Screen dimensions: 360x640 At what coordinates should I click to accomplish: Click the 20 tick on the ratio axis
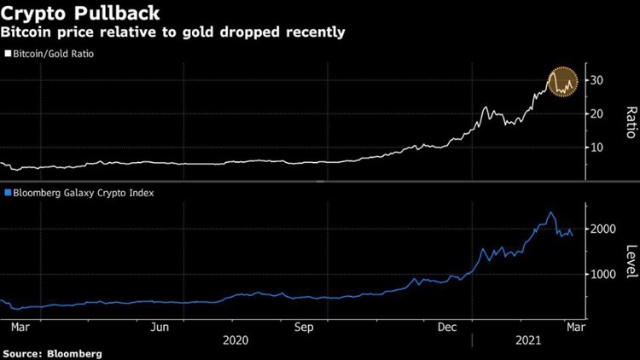(596, 113)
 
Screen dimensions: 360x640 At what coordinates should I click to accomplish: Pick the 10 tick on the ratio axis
(596, 147)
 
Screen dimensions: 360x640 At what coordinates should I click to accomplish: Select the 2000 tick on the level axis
(602, 229)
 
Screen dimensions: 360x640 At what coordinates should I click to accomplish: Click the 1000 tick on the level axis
(602, 275)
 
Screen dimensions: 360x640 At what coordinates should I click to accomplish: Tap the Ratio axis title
(630, 122)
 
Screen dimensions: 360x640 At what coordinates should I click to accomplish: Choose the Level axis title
(630, 260)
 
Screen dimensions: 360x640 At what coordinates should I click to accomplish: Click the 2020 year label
(235, 339)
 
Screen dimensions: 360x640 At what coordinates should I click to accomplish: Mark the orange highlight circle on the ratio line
(561, 82)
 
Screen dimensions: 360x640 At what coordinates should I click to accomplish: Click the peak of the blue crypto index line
(551, 212)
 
